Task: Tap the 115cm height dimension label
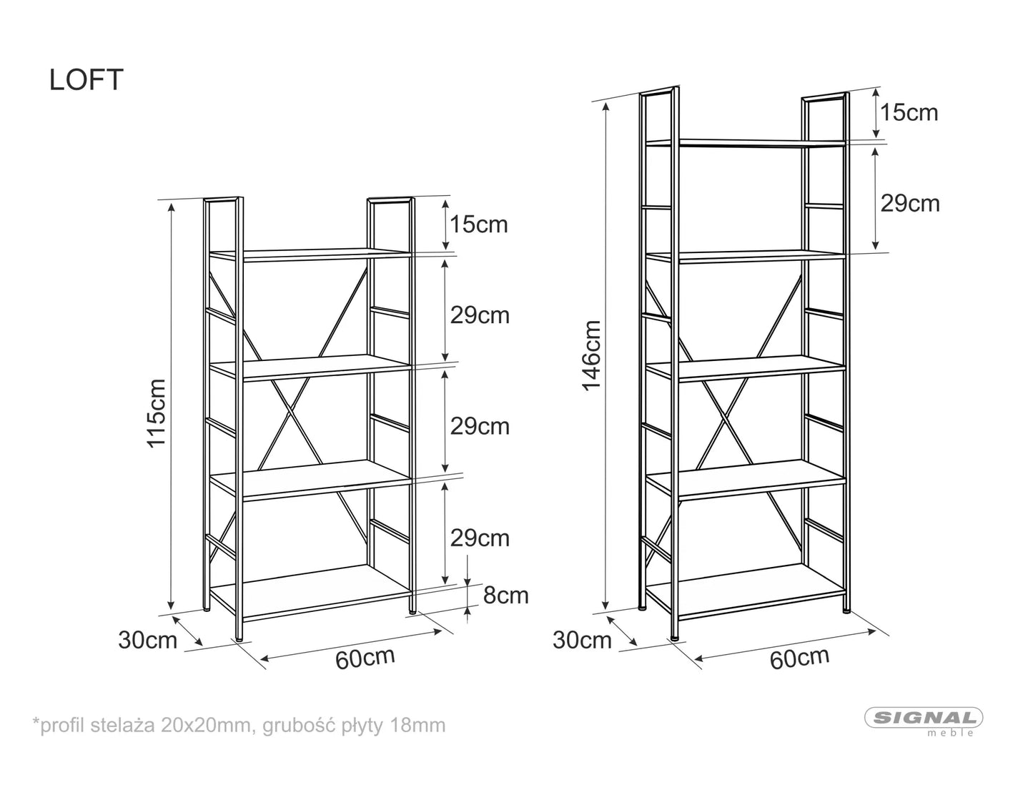157,413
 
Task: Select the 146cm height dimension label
591,356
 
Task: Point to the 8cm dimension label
506,596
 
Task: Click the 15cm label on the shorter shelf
479,224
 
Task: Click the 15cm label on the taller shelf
909,113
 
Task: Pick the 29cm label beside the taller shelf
910,204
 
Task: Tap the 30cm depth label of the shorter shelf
147,641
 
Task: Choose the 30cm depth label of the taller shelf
582,641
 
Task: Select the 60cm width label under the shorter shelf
365,658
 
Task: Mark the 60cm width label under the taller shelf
799,658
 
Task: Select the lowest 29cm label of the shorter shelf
480,538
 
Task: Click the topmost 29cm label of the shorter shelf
480,315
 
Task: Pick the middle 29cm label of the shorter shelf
480,427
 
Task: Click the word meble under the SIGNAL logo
950,733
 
